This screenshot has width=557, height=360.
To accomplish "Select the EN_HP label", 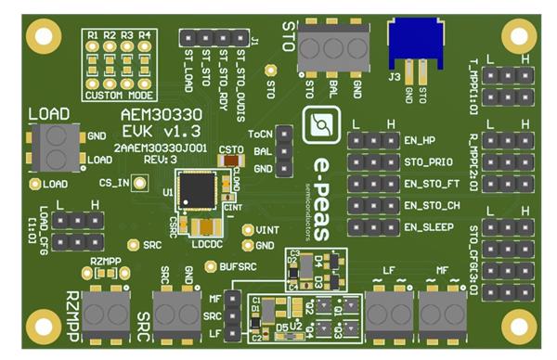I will tap(421, 141).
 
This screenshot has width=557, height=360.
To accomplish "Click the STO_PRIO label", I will tap(428, 162).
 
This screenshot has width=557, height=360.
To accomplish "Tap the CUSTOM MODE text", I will tap(119, 95).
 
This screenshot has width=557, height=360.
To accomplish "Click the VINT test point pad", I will tap(248, 230).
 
